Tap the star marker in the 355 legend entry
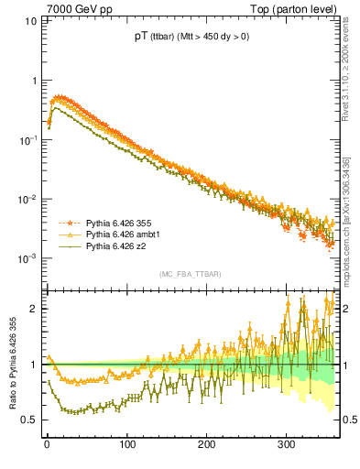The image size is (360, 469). [x=67, y=223]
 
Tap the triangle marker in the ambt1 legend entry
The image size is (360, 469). [x=67, y=234]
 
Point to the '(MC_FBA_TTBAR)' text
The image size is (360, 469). [x=189, y=275]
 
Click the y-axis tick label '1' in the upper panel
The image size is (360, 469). [x=35, y=81]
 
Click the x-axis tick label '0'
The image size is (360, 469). [x=47, y=444]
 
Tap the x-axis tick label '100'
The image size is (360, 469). [x=126, y=444]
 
